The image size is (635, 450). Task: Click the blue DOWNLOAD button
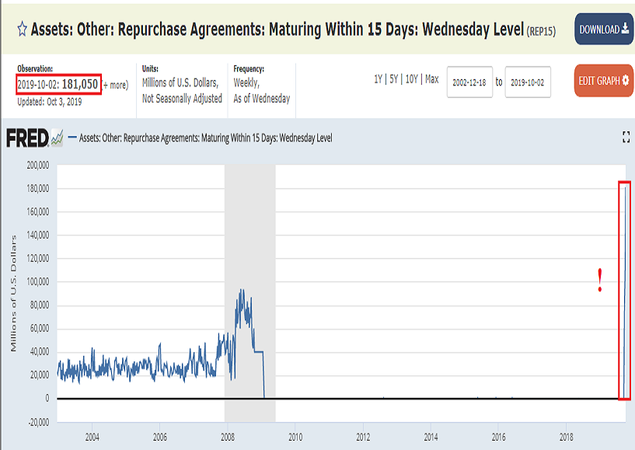coord(602,29)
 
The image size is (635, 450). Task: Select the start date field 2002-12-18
coord(470,82)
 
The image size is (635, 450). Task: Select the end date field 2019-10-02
coord(528,82)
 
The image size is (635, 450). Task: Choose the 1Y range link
coord(379,78)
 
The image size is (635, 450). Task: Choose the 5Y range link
coord(395,78)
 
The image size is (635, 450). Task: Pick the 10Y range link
coord(413,78)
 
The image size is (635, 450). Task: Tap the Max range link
coord(431,78)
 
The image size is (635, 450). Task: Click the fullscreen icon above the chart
coord(626,138)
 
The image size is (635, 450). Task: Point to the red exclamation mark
coord(599,281)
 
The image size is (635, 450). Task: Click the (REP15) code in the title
coord(541,31)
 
